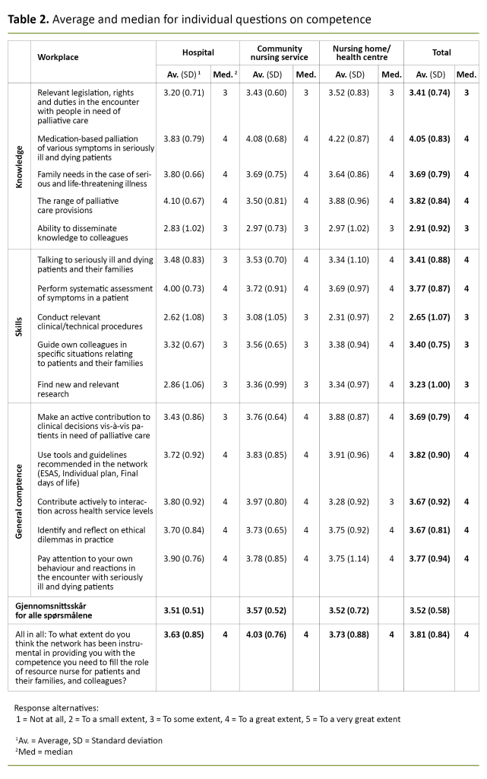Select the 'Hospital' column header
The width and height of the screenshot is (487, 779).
point(198,52)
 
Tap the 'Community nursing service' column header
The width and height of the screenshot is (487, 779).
point(279,52)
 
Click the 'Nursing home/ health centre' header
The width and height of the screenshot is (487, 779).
point(361,52)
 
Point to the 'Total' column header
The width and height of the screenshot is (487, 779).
point(441,52)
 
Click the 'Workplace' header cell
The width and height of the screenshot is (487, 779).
point(59,57)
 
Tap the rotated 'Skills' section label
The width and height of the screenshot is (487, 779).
point(20,326)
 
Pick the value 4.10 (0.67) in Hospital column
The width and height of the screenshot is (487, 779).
point(185,201)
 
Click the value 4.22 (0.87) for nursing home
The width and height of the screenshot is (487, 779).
point(349,138)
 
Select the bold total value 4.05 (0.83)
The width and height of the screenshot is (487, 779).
point(430,138)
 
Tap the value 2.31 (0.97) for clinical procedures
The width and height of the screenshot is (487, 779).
point(349,326)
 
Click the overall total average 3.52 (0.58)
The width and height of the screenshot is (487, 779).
point(430,609)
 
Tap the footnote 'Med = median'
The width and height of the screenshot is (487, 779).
point(44,752)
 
